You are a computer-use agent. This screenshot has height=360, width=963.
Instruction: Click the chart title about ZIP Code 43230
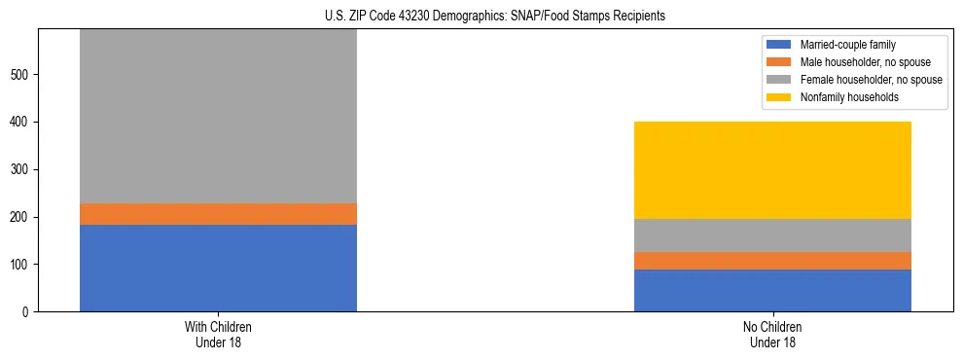[x=481, y=17]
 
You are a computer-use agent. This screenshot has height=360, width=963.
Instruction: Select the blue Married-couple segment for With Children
[x=218, y=268]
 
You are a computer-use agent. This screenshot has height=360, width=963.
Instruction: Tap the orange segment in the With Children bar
[x=218, y=214]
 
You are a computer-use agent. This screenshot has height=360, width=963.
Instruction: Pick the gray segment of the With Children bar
[x=218, y=117]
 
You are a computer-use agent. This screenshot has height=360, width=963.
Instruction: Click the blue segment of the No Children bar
[x=772, y=290]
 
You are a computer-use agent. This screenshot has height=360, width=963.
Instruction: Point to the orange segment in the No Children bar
[x=772, y=261]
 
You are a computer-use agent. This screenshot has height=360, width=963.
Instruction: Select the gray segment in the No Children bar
[x=772, y=235]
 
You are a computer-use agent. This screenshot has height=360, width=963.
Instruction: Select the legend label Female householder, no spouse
[x=871, y=80]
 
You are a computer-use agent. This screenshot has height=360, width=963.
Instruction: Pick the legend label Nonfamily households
[x=843, y=97]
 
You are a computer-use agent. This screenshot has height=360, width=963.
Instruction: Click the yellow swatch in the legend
[x=780, y=97]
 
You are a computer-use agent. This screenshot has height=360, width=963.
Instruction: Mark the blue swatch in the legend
[x=780, y=45]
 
